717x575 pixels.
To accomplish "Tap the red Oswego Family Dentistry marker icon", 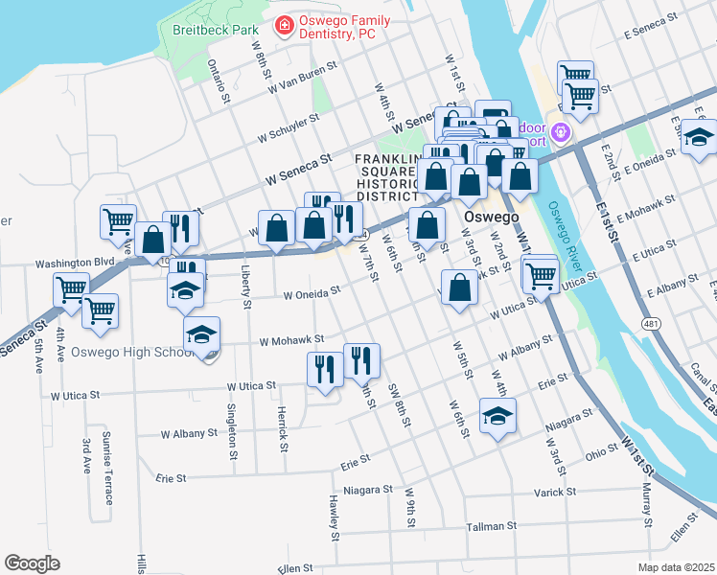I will pyautogui.click(x=284, y=24).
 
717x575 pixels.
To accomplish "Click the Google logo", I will pyautogui.click(x=32, y=563).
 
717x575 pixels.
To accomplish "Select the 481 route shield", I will pyautogui.click(x=652, y=325).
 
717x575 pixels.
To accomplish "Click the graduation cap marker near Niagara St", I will pyautogui.click(x=497, y=417).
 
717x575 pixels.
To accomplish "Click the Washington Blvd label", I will pyautogui.click(x=75, y=262).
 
